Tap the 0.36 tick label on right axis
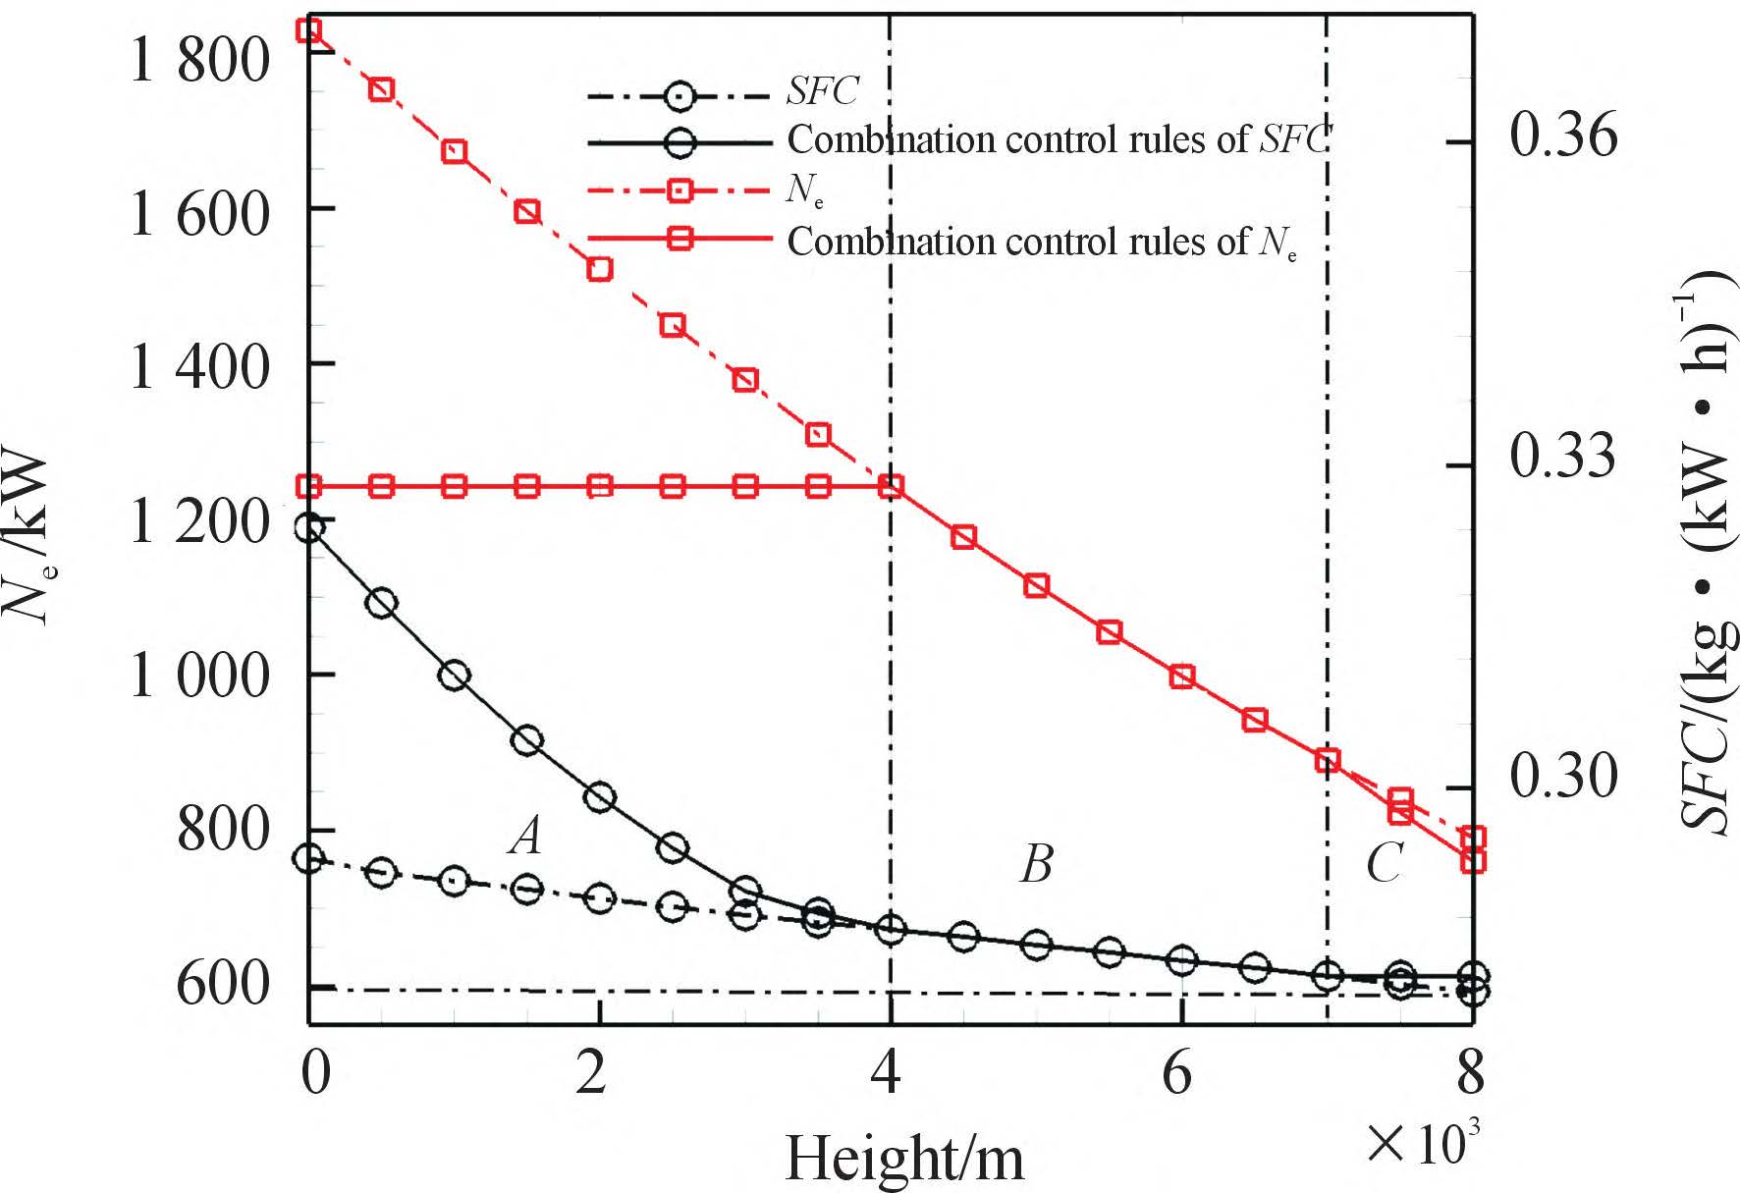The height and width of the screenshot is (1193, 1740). (x=1563, y=134)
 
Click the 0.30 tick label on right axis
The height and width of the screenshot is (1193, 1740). (x=1563, y=777)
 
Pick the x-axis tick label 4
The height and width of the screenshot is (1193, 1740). (x=887, y=1072)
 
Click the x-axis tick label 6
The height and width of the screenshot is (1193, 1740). (x=1177, y=1072)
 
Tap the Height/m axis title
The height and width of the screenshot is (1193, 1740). (x=904, y=1158)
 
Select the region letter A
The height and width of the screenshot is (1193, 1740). (x=526, y=836)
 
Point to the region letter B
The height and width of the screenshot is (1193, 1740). (x=1037, y=864)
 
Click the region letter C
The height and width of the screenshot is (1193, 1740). (x=1385, y=864)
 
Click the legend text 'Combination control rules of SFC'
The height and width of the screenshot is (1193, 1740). (x=1060, y=139)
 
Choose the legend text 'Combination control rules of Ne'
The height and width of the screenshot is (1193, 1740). (x=1043, y=243)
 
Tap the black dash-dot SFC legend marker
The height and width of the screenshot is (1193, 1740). (x=680, y=96)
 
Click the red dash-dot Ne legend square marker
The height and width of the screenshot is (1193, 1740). (x=680, y=190)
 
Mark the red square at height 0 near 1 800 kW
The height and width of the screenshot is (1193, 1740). (x=309, y=30)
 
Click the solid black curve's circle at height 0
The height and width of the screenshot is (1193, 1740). (x=309, y=528)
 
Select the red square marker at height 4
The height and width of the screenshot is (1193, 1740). (x=891, y=487)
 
